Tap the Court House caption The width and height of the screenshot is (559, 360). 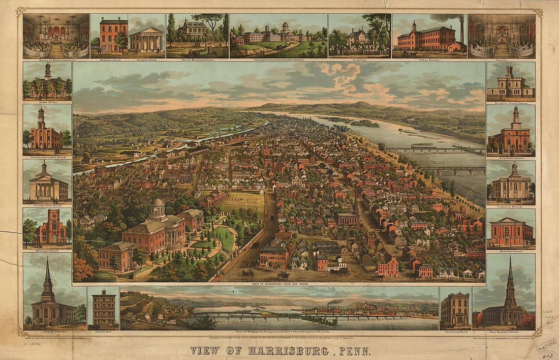pos(47,102)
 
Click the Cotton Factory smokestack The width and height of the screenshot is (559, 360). pos(462,32)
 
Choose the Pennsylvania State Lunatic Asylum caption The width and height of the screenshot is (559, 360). pos(278,59)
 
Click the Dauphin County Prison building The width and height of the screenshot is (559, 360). pos(511,84)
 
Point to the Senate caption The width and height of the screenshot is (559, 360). pos(502,59)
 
